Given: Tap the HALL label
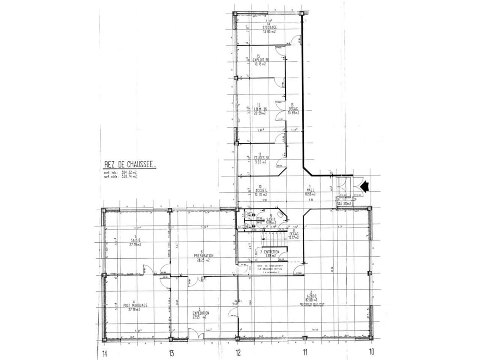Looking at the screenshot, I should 310,190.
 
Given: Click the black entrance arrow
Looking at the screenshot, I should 365,185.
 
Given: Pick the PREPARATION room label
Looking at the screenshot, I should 204,255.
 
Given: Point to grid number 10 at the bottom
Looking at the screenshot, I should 372,352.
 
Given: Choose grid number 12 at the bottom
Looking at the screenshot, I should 238,352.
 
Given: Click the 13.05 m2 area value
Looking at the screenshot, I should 269,32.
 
